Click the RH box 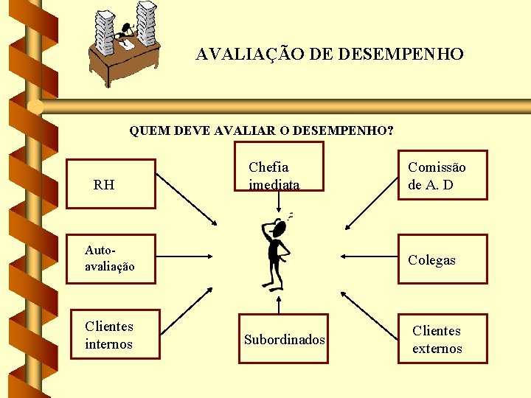click(x=111, y=184)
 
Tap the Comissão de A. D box click(x=442, y=175)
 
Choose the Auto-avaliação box click(x=111, y=259)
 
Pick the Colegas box click(x=442, y=259)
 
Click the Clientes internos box click(x=114, y=335)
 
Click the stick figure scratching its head click(x=277, y=251)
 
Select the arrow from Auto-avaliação click(x=184, y=257)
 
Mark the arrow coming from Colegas click(x=369, y=257)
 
